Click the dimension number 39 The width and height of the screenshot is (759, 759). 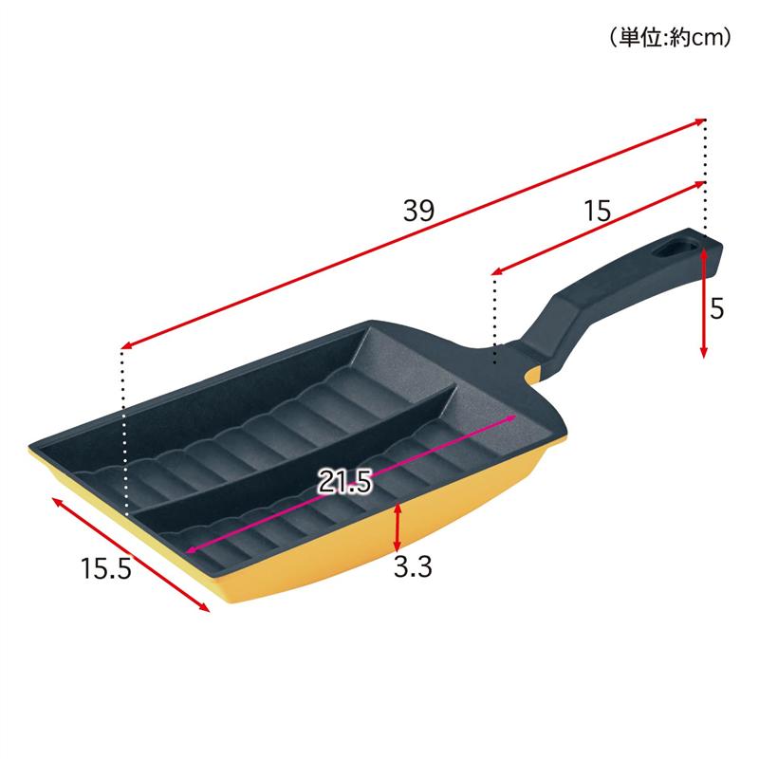click(419, 211)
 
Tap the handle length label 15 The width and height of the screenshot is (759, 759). click(598, 211)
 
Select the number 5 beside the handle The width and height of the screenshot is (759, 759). click(717, 308)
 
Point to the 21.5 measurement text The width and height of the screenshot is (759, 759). click(344, 482)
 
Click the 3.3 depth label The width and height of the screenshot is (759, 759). click(413, 566)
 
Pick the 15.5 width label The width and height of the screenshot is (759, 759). click(106, 567)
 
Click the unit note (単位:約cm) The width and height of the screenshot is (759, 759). click(671, 37)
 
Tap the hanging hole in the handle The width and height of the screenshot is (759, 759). click(676, 249)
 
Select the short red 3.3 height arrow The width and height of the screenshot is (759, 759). click(397, 527)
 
